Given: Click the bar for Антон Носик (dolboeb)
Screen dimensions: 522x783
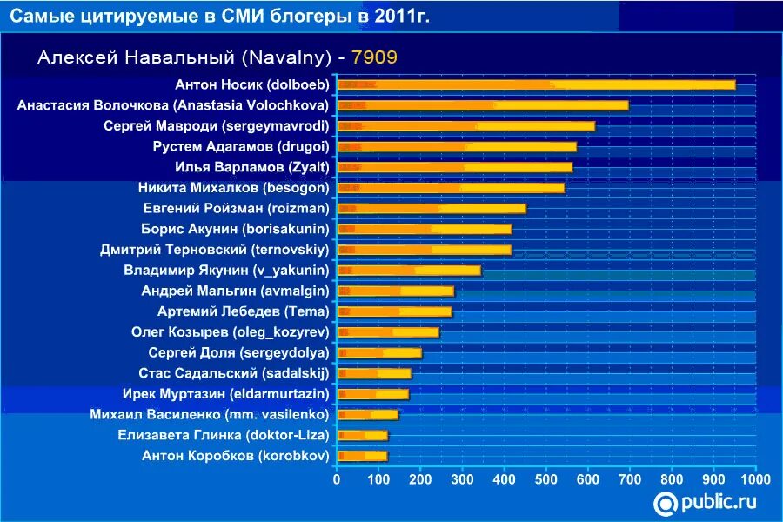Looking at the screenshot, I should (x=536, y=84).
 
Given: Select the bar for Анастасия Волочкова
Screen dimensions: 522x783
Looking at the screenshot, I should (x=483, y=105).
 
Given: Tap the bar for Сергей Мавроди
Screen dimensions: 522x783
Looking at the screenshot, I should (x=465, y=126).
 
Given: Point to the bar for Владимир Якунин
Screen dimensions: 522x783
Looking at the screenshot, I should (x=409, y=270).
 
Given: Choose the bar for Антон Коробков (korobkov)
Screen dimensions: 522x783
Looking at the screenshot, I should (x=362, y=455).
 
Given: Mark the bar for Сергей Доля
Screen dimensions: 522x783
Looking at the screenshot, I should (x=379, y=352).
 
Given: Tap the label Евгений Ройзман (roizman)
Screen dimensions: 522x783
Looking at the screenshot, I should (x=236, y=208).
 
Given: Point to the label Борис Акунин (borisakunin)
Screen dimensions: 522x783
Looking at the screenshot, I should (x=235, y=229).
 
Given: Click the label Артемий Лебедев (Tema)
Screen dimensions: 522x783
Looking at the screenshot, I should (x=243, y=311).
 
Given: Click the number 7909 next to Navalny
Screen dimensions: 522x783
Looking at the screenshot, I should (x=374, y=57).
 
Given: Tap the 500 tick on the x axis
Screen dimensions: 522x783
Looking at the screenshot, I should (x=546, y=478).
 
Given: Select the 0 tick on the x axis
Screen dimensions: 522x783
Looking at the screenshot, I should (x=337, y=478).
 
